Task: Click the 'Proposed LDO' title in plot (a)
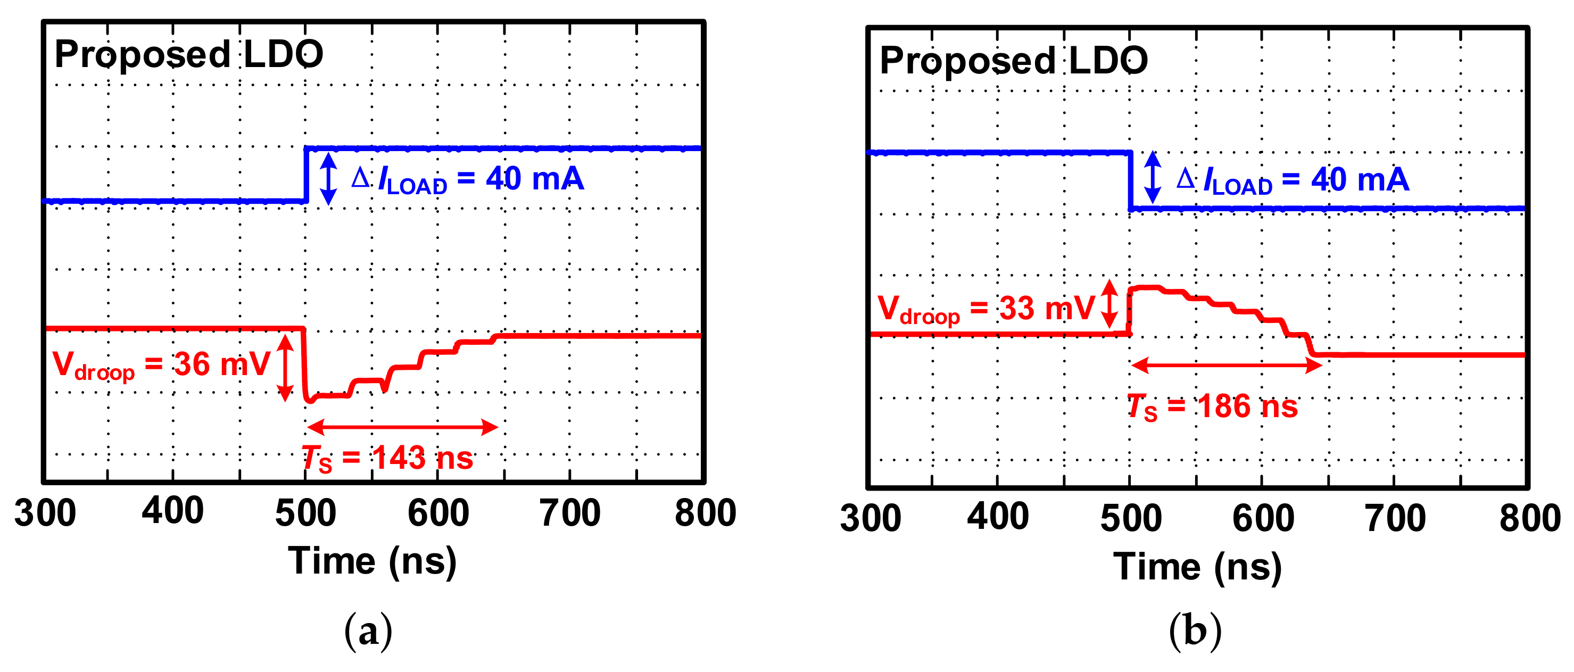189,54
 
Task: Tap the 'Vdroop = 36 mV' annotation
161,364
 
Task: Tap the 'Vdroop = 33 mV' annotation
986,309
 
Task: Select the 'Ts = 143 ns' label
387,458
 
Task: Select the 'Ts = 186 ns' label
1212,407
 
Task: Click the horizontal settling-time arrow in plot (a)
403,427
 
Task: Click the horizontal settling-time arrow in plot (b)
1227,366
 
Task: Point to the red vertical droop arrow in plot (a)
285,368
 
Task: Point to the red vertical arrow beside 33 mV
1109,304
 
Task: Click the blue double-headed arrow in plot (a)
329,178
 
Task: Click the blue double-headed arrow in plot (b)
1153,177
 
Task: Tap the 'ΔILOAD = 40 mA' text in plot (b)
1293,180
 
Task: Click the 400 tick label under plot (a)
172,512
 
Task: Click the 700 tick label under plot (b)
1395,519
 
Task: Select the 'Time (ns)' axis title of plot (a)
372,561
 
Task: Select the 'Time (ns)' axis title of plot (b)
1197,567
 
